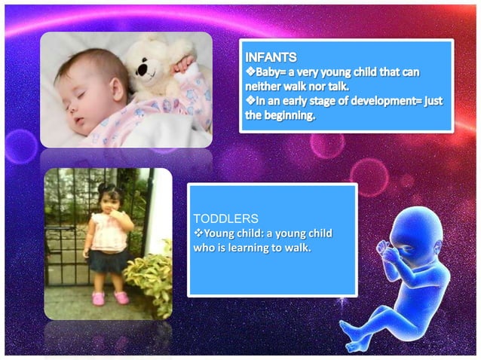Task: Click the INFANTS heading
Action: pyautogui.click(x=269, y=56)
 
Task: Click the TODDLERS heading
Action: pyautogui.click(x=222, y=218)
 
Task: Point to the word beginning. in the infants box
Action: pyautogui.click(x=288, y=117)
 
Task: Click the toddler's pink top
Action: pyautogui.click(x=107, y=233)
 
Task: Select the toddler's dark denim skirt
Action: pyautogui.click(x=109, y=261)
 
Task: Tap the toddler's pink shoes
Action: pyautogui.click(x=109, y=298)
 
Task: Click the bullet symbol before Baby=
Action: pyautogui.click(x=250, y=71)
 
